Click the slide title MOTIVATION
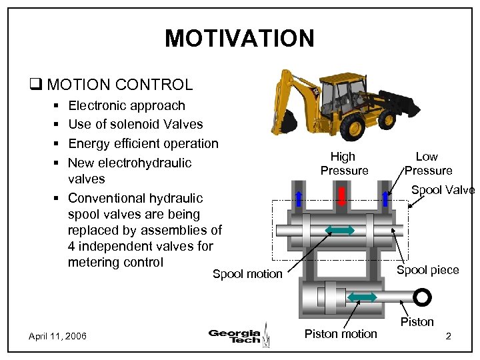239,39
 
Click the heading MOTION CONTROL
119,85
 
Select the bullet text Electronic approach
127,105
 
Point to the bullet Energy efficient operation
143,143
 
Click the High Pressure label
343,163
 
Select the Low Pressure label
427,163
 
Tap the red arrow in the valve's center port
341,196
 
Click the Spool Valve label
443,190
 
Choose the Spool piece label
427,270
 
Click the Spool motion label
247,274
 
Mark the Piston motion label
340,333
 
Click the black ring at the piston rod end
421,297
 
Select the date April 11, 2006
57,336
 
